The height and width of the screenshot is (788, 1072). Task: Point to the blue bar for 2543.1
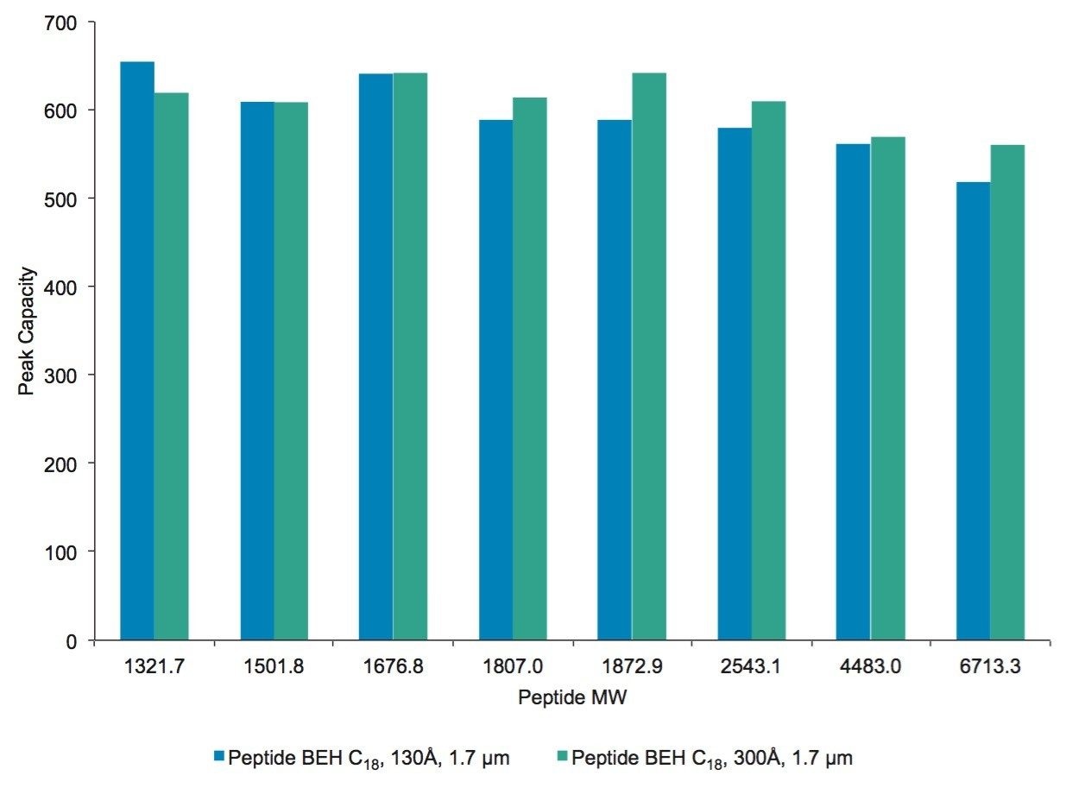(734, 384)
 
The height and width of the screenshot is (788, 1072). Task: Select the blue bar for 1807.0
(495, 380)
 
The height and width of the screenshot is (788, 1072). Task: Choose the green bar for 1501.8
(291, 371)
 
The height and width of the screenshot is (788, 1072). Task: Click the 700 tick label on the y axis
(61, 22)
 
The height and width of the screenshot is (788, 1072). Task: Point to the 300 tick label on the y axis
(61, 375)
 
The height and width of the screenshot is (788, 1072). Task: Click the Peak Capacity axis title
(27, 332)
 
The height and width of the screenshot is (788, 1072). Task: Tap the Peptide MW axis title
(572, 698)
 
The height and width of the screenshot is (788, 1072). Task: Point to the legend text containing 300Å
(713, 758)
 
